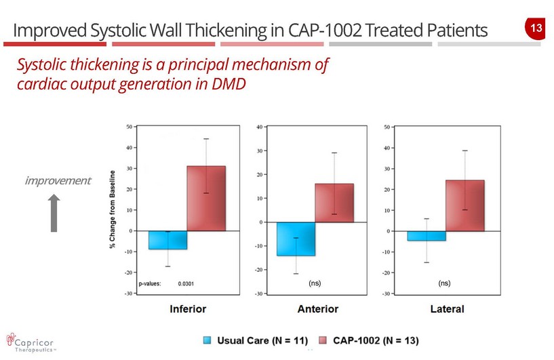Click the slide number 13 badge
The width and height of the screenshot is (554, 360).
tap(535, 28)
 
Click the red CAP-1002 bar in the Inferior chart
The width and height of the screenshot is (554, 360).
tap(206, 198)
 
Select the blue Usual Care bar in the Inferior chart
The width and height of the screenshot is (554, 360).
tap(168, 240)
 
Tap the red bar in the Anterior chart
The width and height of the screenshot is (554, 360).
tap(334, 203)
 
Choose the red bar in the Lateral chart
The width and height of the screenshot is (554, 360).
tap(464, 205)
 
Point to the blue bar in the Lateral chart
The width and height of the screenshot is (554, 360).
tap(427, 236)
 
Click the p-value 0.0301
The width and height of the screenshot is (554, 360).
tap(186, 284)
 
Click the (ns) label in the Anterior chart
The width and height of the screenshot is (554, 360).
tap(315, 282)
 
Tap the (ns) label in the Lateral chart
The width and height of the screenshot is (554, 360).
tap(444, 282)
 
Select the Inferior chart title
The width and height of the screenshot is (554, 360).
tap(187, 309)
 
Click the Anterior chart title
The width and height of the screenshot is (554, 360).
tap(317, 309)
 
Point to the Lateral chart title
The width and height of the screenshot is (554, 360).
tap(447, 309)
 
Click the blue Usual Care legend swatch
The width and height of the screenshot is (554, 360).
tap(209, 339)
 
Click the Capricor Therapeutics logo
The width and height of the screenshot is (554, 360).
tap(31, 339)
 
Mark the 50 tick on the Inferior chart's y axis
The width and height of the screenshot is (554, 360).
tap(129, 126)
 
